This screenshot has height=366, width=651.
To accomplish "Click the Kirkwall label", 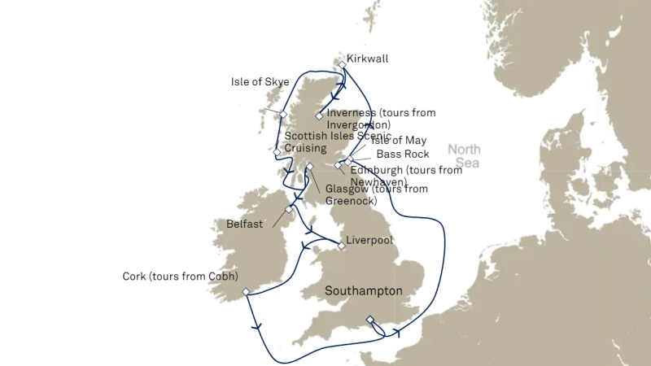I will tap(367, 59).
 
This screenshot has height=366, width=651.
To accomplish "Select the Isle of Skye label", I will tap(260, 82).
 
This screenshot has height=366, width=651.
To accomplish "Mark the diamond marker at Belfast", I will tap(289, 209).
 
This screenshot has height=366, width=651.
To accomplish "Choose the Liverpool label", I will tap(369, 241).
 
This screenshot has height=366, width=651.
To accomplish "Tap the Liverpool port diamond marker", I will tap(342, 246).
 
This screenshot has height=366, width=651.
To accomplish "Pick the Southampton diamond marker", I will tap(370, 319).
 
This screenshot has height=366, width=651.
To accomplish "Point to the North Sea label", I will tap(464, 156).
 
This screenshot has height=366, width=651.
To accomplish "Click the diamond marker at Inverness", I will tap(320, 116).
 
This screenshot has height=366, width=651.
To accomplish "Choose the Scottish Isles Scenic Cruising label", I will tap(323, 142).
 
